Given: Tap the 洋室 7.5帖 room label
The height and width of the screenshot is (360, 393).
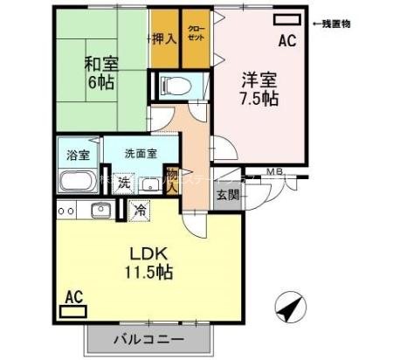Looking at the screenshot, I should [259, 87].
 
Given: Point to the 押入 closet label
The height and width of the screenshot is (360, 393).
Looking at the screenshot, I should [163, 38].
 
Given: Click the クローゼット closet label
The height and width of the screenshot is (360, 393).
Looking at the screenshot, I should [196, 40].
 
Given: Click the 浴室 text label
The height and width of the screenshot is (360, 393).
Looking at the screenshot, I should [78, 156].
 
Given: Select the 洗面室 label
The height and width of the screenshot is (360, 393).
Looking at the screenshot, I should [141, 152].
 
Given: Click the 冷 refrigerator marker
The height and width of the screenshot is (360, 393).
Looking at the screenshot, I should [140, 210].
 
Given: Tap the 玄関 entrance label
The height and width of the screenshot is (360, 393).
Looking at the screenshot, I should [227, 194].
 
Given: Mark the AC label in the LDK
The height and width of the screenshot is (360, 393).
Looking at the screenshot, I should [73, 298].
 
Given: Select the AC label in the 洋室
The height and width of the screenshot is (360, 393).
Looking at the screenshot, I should [286, 40].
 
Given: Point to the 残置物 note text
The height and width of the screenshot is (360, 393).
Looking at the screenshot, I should [332, 24].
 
